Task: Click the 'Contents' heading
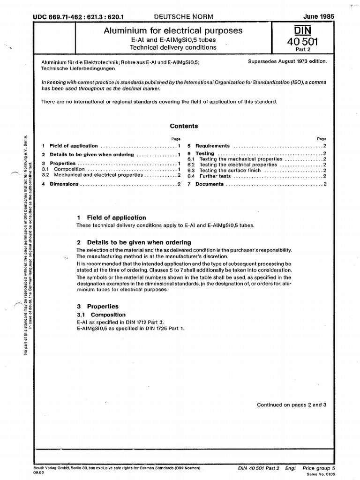pos(184,126)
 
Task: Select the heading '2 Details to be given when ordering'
pos(134,242)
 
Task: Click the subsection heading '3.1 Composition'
pos(101,315)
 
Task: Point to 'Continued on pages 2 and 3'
pos(291,405)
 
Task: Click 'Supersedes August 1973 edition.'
pos(286,61)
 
